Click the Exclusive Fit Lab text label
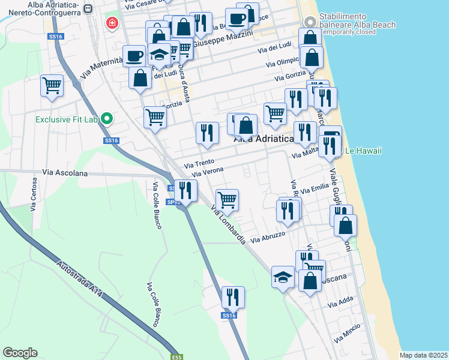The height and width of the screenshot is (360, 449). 66,119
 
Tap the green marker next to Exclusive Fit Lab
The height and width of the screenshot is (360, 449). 107,118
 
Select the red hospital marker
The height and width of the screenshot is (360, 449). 112,24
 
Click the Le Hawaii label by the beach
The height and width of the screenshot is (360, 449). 363,151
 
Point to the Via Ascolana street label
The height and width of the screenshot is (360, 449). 65,173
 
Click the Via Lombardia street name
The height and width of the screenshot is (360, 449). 229,224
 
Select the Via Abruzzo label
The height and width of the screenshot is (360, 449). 268,238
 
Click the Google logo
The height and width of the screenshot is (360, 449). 20,353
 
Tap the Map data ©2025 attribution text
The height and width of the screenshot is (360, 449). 423,355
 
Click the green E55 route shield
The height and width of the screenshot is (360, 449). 176,356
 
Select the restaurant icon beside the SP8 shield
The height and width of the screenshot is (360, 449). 185,191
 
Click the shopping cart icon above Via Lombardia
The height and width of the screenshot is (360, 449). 228,200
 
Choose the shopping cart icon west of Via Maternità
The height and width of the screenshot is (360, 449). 52,85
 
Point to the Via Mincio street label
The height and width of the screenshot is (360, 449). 348,332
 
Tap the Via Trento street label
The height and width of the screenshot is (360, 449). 199,163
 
